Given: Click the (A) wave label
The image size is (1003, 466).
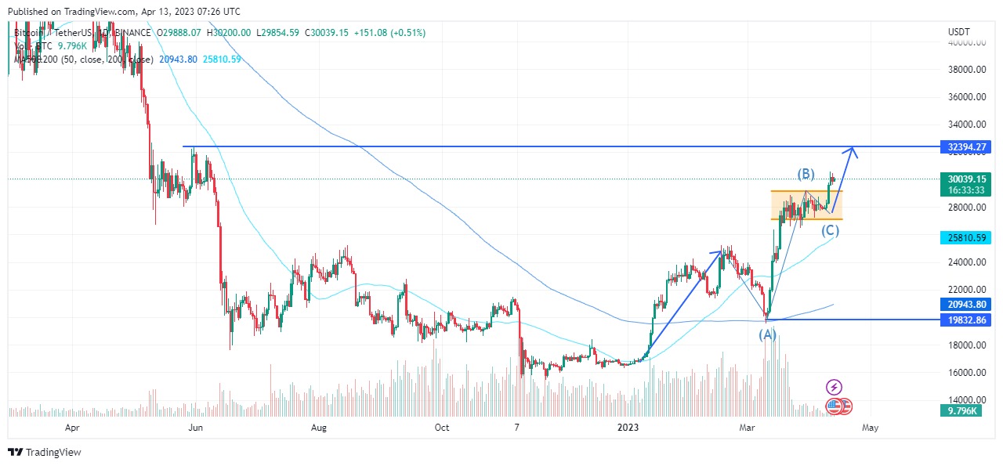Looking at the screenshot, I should [x=766, y=334].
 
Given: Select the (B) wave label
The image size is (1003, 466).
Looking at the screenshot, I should [x=806, y=174].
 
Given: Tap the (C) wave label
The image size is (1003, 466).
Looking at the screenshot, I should [x=831, y=230].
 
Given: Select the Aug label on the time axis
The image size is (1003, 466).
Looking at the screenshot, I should [x=318, y=428].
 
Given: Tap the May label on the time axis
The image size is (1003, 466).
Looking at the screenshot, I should [x=870, y=428].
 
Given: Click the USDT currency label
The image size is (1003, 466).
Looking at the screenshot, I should [x=959, y=31].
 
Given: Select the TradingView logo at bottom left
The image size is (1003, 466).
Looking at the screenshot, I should [x=45, y=452].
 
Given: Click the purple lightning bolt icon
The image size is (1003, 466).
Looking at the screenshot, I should [x=835, y=387].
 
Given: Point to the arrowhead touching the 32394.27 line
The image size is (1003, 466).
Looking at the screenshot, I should [x=855, y=151].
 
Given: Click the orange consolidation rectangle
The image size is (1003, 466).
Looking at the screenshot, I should [x=806, y=205].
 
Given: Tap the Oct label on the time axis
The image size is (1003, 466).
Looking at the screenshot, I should [x=441, y=428].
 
